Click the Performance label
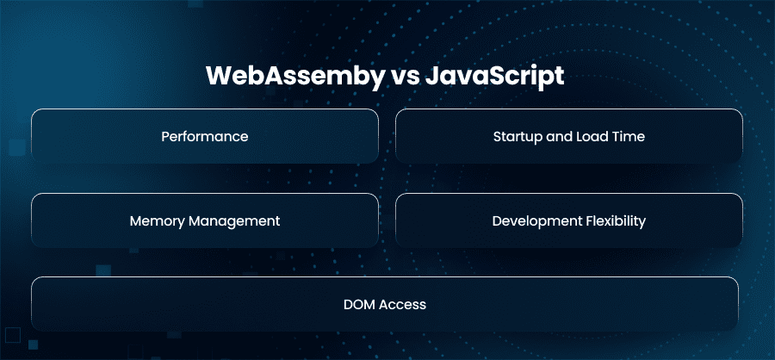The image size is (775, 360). (205, 136)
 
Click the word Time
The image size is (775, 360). (629, 136)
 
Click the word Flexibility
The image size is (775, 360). (616, 221)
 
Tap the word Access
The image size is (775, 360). (402, 305)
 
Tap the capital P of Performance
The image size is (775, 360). (165, 136)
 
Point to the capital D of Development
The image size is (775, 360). (497, 220)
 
